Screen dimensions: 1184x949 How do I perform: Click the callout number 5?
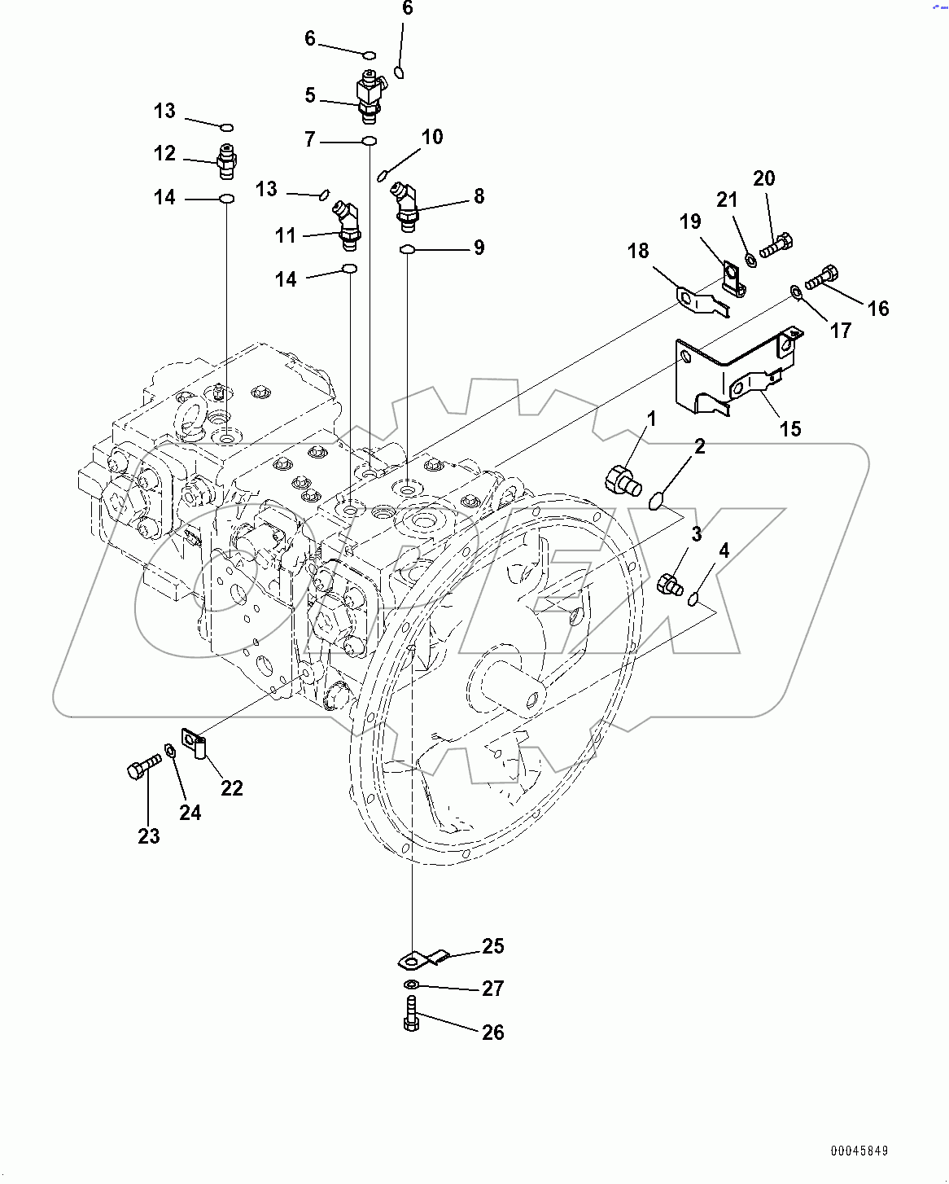click(x=310, y=95)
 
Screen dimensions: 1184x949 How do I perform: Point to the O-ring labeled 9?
click(x=408, y=248)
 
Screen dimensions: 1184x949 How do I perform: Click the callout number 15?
click(x=790, y=428)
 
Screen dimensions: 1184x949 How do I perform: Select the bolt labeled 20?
click(x=776, y=243)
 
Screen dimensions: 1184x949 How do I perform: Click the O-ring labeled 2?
click(x=658, y=499)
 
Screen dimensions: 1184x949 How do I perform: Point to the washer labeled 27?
click(x=412, y=986)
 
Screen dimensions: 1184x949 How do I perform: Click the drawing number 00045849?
click(x=859, y=1151)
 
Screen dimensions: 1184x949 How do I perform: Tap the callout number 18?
click(x=638, y=251)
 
